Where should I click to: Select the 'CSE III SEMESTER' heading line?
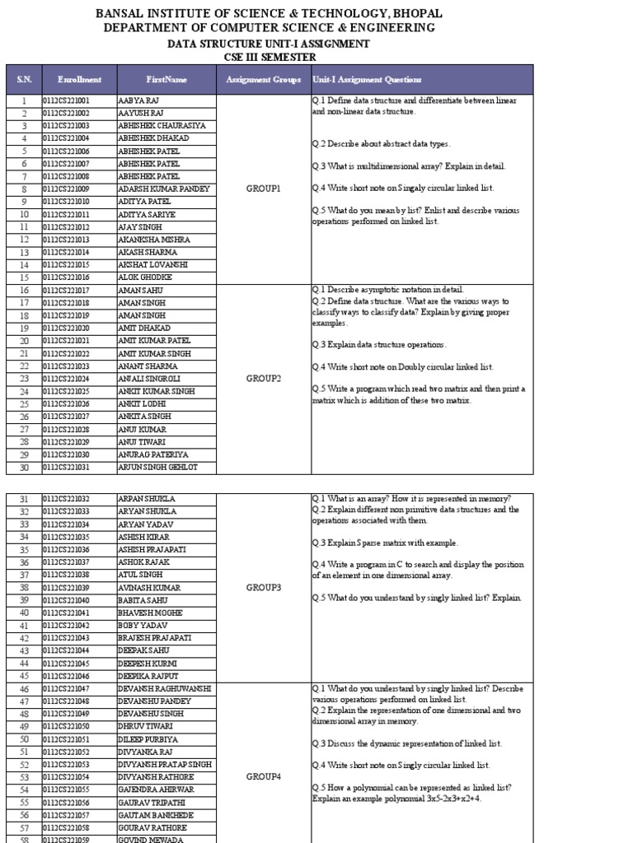click(270, 57)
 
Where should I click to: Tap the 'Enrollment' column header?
click(80, 80)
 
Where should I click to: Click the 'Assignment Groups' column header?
click(264, 80)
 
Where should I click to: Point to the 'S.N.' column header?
click(24, 80)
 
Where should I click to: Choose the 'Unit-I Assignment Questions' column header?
click(368, 80)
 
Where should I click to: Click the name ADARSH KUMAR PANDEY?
click(165, 189)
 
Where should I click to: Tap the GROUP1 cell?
click(264, 189)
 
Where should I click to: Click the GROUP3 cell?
click(264, 588)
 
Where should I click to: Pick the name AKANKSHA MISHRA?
click(155, 240)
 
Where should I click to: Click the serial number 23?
click(24, 379)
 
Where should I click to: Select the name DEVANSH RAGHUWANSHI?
click(166, 688)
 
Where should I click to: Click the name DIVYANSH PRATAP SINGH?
click(166, 764)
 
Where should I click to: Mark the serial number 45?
click(24, 676)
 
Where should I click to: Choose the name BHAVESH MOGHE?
click(152, 612)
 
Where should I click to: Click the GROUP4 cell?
click(264, 776)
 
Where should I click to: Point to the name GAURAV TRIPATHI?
click(152, 802)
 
